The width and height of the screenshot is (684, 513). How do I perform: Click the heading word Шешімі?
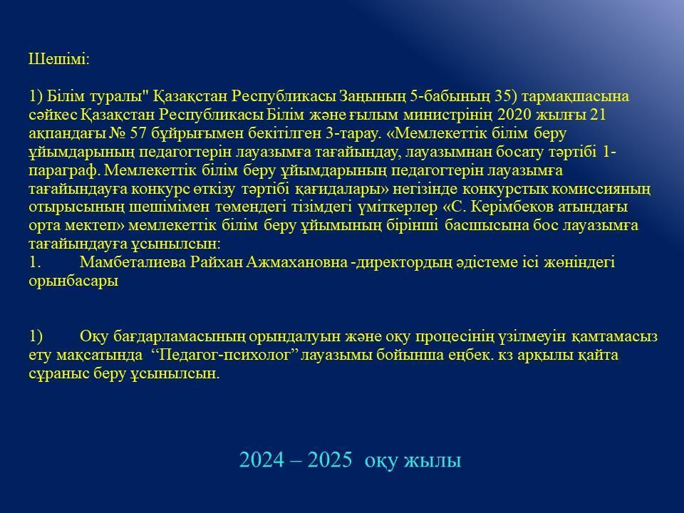click(x=59, y=59)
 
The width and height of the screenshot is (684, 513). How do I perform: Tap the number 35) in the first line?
click(x=506, y=96)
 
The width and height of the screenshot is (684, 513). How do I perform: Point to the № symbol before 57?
click(x=116, y=133)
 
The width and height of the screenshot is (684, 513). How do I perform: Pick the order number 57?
click(x=138, y=133)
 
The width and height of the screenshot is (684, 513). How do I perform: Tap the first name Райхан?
click(x=217, y=262)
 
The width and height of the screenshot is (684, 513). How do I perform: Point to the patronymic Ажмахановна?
click(x=297, y=262)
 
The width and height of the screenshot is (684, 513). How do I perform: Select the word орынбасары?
click(x=73, y=281)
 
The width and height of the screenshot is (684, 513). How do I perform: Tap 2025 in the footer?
click(x=329, y=460)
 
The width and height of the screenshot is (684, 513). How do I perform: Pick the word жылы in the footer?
click(x=432, y=462)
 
